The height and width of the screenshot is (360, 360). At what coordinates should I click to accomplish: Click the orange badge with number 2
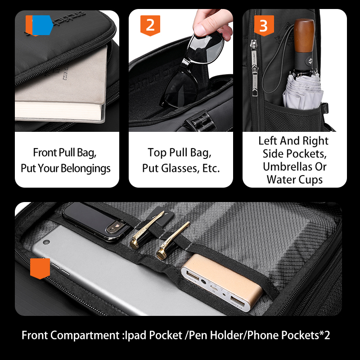(x=150, y=26)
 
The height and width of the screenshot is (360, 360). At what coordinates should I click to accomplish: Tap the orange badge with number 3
(x=264, y=26)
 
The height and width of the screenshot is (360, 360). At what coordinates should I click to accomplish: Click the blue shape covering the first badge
(x=43, y=25)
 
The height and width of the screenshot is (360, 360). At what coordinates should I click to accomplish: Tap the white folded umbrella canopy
(x=302, y=91)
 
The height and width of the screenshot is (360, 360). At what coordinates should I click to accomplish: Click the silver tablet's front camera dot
(x=46, y=242)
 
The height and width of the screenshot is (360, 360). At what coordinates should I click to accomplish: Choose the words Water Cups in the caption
(x=295, y=180)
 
